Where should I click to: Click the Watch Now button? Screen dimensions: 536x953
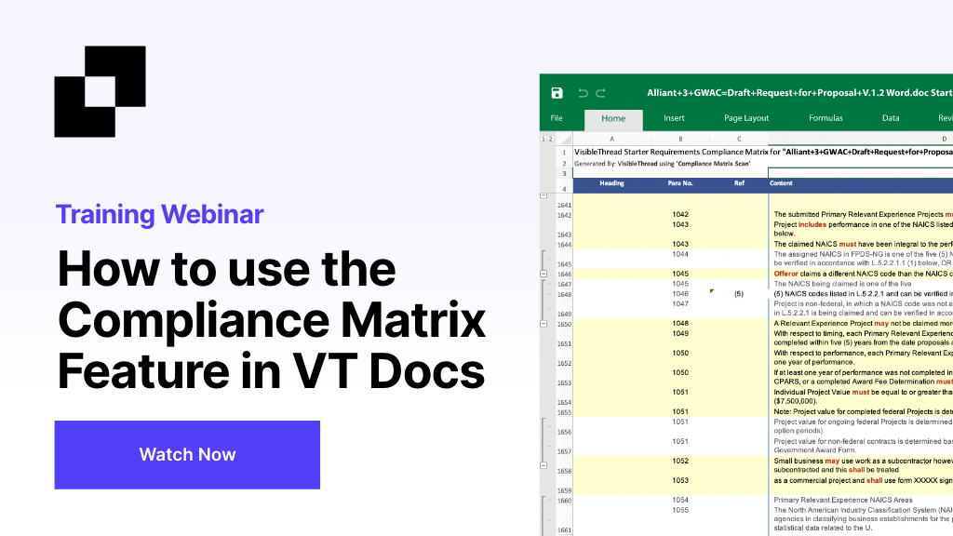click(x=187, y=454)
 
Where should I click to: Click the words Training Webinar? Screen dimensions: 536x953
click(x=159, y=214)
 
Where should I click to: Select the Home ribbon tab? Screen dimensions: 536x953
click(x=613, y=118)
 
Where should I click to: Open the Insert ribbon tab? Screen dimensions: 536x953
click(x=674, y=118)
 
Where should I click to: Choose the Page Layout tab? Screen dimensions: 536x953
click(x=746, y=118)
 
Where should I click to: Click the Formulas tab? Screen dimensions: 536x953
click(x=825, y=118)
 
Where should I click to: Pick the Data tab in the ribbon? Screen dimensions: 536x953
click(x=891, y=118)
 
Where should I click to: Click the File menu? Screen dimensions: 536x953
click(x=557, y=118)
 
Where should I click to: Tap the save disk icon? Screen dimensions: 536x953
click(x=557, y=93)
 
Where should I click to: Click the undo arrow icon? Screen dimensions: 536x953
click(x=583, y=93)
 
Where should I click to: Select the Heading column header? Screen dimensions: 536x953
click(x=611, y=183)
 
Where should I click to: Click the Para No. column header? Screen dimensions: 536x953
click(x=680, y=183)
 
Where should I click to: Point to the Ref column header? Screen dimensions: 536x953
click(x=739, y=183)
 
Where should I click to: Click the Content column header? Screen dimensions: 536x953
click(x=781, y=183)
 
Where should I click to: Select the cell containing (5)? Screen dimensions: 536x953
click(x=738, y=293)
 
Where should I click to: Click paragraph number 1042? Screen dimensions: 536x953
click(x=680, y=215)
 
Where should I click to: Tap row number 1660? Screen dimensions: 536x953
click(x=563, y=500)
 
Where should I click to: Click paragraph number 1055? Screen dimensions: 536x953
click(x=680, y=510)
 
